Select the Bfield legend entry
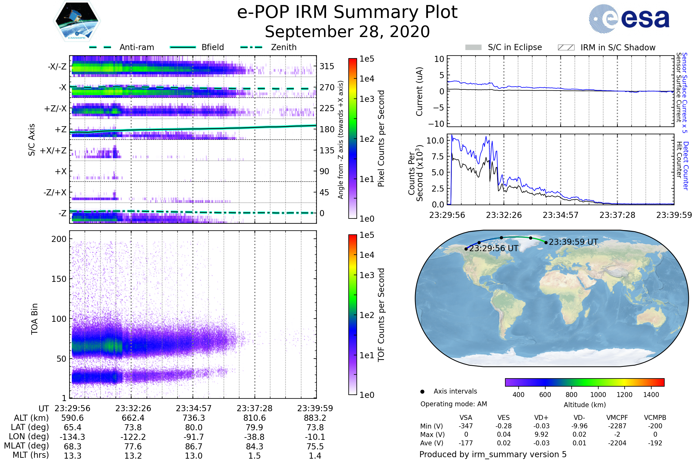point(213,47)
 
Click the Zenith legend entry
point(284,47)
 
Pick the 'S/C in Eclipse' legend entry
point(515,47)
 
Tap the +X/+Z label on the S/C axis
point(53,150)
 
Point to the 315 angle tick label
point(327,66)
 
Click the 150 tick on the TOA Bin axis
point(59,279)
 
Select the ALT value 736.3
point(193,418)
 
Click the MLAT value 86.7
point(193,447)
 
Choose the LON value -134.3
point(72,437)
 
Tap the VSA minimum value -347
point(466,426)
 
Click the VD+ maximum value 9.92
point(541,434)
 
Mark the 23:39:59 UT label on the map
point(573,242)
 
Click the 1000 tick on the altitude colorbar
point(598,395)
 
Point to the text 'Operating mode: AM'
point(453,404)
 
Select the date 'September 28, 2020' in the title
point(347,32)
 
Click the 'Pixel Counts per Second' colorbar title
point(381,139)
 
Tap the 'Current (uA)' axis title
point(420,91)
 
